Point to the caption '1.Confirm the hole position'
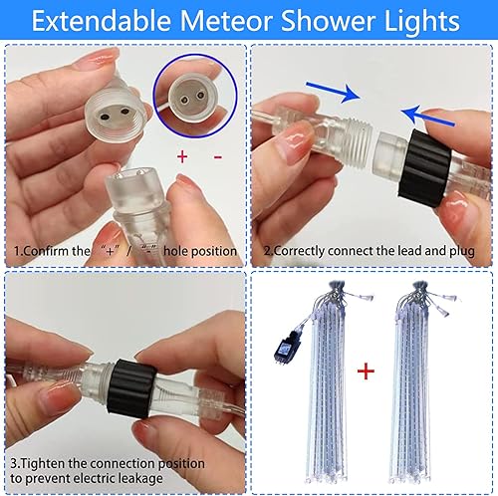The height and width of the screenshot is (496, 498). pyautogui.click(x=125, y=252)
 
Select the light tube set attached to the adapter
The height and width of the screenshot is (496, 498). pyautogui.click(x=328, y=378)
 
